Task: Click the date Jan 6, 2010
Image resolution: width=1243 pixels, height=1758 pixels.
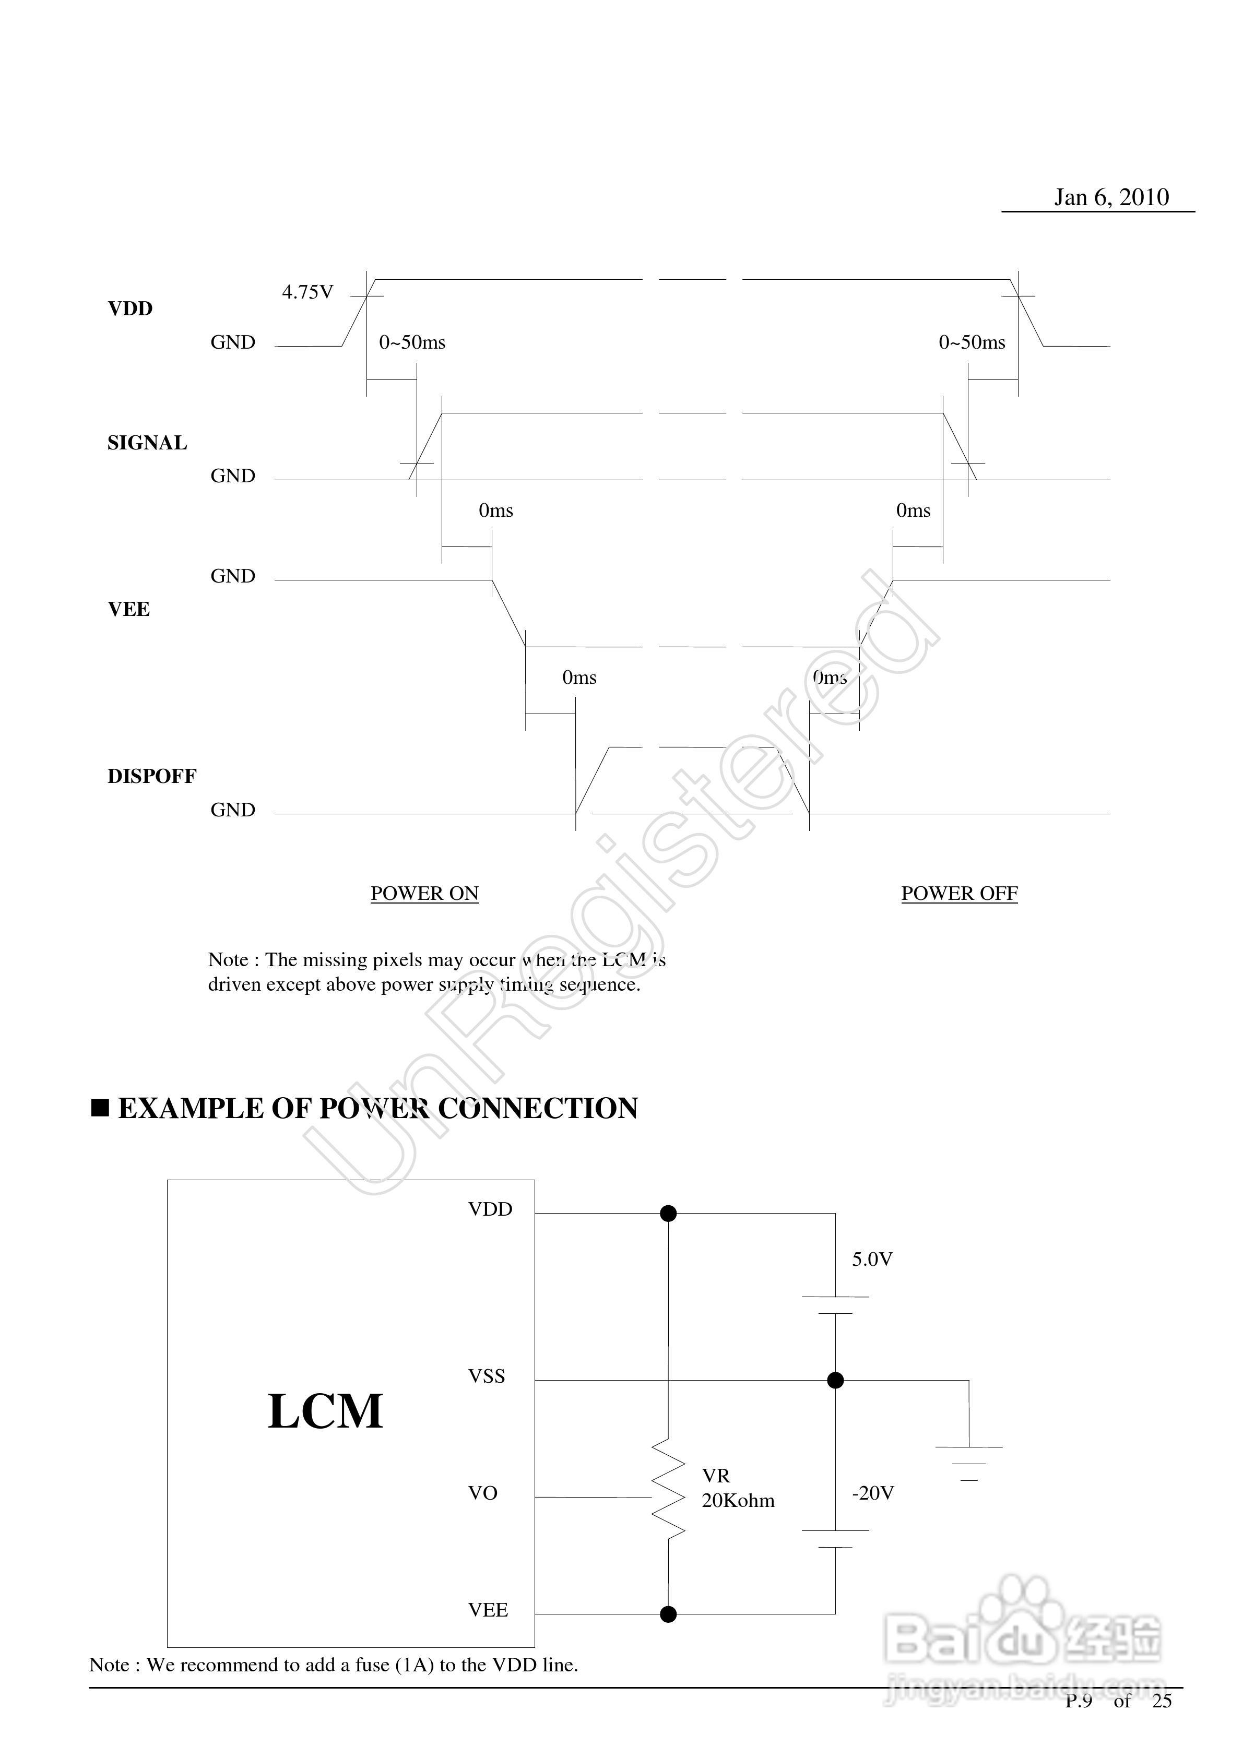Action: (1111, 197)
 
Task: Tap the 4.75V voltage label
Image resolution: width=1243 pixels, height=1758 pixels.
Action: (308, 292)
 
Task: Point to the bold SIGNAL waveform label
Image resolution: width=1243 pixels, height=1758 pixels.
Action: (147, 443)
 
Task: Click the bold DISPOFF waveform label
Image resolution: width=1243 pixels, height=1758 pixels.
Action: (151, 776)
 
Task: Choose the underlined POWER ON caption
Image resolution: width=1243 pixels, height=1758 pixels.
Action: (424, 894)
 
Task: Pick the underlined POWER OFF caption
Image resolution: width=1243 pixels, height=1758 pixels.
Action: (959, 894)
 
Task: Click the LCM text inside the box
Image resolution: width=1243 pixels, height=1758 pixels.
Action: (325, 1411)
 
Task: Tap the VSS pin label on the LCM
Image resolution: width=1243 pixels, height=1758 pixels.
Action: (487, 1376)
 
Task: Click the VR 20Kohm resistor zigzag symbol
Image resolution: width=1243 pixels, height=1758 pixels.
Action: (669, 1489)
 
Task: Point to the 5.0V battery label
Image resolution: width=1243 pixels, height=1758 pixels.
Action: (872, 1260)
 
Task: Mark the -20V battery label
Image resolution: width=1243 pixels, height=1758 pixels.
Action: (873, 1493)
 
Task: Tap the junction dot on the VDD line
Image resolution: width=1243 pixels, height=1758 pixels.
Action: (669, 1214)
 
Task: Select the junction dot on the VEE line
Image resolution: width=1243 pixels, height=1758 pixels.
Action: (669, 1615)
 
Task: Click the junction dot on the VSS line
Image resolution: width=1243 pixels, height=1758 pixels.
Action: (836, 1381)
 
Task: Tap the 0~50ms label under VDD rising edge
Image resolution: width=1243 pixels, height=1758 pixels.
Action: (412, 342)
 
